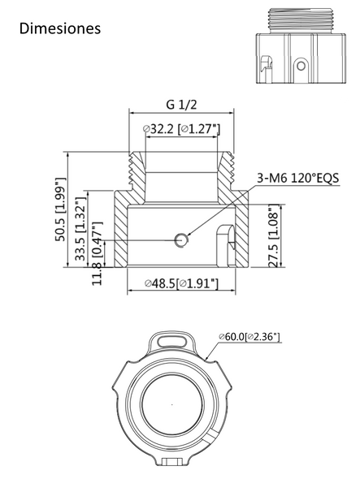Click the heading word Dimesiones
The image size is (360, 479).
pos(59,28)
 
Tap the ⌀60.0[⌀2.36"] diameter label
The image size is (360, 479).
pos(249,335)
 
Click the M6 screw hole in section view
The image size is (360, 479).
pos(181,239)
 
